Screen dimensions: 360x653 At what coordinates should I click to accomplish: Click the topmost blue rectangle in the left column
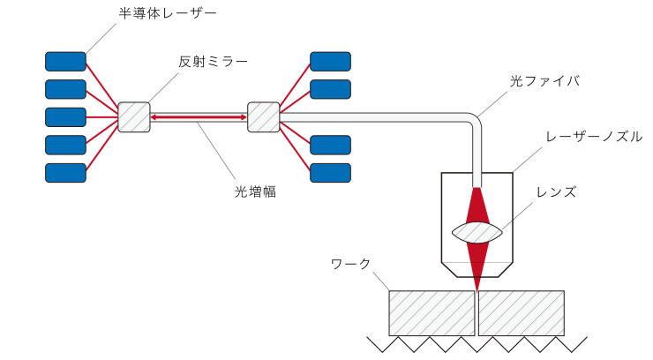pos(65,62)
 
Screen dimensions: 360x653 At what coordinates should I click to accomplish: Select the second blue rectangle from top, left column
pos(65,89)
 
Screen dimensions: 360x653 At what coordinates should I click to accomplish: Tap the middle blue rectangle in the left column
pos(65,117)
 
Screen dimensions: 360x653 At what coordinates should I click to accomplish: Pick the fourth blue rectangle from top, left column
pos(65,145)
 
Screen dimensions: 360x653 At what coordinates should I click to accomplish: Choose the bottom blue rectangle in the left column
pos(65,173)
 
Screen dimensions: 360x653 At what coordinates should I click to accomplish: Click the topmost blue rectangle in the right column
pos(330,62)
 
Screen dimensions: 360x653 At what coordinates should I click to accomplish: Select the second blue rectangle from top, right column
pos(330,89)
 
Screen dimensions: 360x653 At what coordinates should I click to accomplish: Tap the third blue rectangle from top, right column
pos(330,145)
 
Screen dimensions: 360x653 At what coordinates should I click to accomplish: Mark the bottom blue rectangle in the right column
pos(330,173)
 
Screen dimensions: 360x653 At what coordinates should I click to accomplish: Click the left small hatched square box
pos(134,117)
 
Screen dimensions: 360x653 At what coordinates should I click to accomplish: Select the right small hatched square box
pos(263,117)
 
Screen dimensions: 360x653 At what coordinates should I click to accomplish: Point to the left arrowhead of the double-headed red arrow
pos(154,117)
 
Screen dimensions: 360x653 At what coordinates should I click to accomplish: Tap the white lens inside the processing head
pos(477,232)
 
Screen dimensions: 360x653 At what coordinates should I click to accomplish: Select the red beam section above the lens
pos(477,206)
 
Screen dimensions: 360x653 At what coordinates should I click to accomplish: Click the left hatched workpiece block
pos(432,313)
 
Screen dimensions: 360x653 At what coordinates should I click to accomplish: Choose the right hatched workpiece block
pos(521,313)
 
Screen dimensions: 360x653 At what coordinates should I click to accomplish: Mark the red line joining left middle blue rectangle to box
pos(101,117)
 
